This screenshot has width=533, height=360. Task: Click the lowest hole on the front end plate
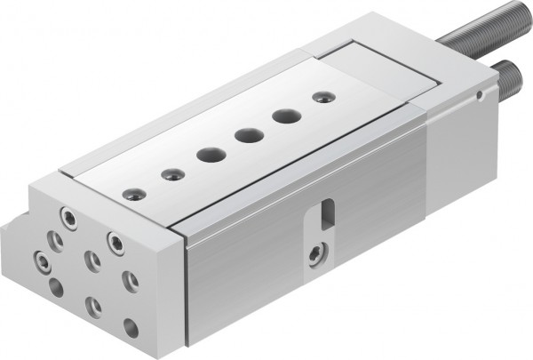131,326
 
